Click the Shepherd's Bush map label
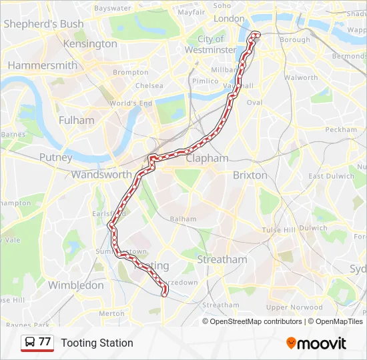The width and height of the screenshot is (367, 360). (x=43, y=24)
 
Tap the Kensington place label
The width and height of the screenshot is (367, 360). (x=89, y=44)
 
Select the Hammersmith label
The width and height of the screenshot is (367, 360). (x=42, y=65)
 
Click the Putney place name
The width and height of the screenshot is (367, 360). (x=55, y=158)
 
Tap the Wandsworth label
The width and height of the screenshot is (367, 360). (x=101, y=175)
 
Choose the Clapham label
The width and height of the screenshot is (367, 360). (x=207, y=159)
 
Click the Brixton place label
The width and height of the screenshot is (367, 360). (x=250, y=175)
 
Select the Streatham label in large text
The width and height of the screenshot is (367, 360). (x=222, y=259)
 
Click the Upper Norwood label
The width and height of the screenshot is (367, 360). (x=294, y=307)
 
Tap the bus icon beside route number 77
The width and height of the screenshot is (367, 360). (x=30, y=343)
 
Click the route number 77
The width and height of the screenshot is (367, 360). (x=45, y=342)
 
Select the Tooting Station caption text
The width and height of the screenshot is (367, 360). (x=97, y=343)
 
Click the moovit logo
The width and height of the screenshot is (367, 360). (x=316, y=343)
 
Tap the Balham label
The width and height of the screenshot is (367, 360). (x=183, y=219)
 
